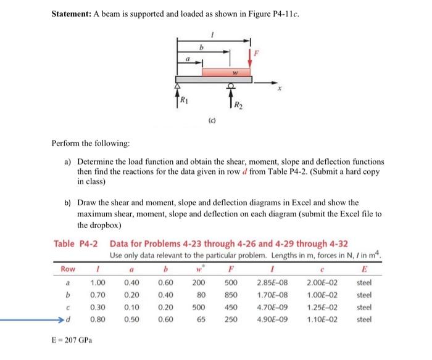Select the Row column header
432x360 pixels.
click(x=67, y=269)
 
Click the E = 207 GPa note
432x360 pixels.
click(x=72, y=340)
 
